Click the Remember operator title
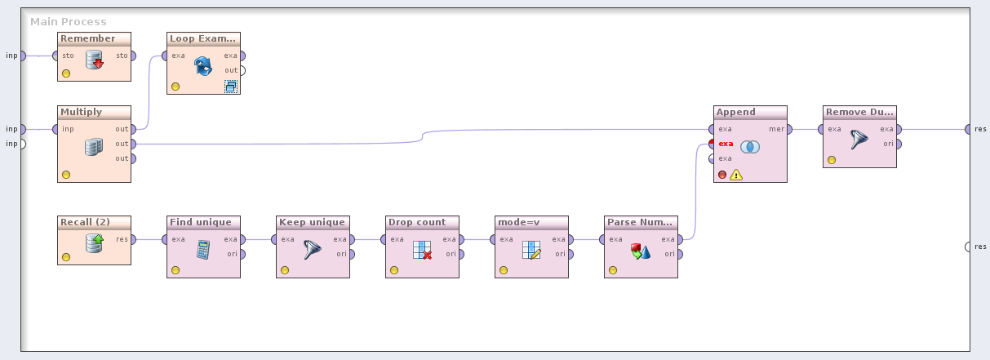[88, 39]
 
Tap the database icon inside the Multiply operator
[94, 147]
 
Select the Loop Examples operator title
[202, 39]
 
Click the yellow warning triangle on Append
[736, 174]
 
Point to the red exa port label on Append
[725, 144]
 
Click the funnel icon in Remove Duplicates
[859, 139]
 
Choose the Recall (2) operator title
[85, 222]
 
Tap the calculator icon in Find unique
[203, 250]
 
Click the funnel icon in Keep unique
[313, 250]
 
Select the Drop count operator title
[416, 222]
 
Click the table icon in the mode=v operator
[531, 250]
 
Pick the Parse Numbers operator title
[640, 222]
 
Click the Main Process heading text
[69, 22]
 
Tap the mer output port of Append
[789, 129]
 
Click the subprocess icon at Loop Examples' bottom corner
[231, 86]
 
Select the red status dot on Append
[722, 175]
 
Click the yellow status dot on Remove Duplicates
[832, 160]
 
